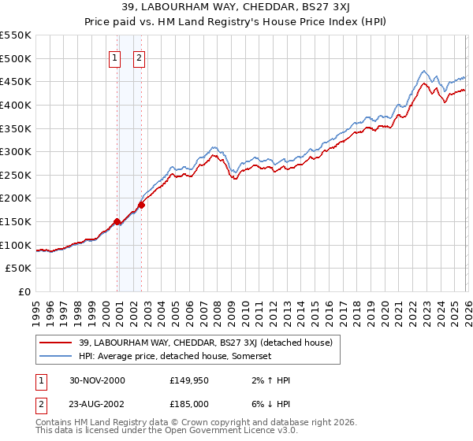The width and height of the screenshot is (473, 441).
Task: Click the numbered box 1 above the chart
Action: click(115, 57)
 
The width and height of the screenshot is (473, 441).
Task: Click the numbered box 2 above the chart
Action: click(139, 57)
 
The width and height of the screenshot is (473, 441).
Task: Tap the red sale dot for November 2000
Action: click(117, 222)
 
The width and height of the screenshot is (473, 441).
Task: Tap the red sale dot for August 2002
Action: click(142, 206)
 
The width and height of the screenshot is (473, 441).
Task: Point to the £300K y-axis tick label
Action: click(16, 151)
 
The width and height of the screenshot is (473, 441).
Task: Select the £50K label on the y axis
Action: click(19, 269)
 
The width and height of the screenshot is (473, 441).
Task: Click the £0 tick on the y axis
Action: click(24, 292)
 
